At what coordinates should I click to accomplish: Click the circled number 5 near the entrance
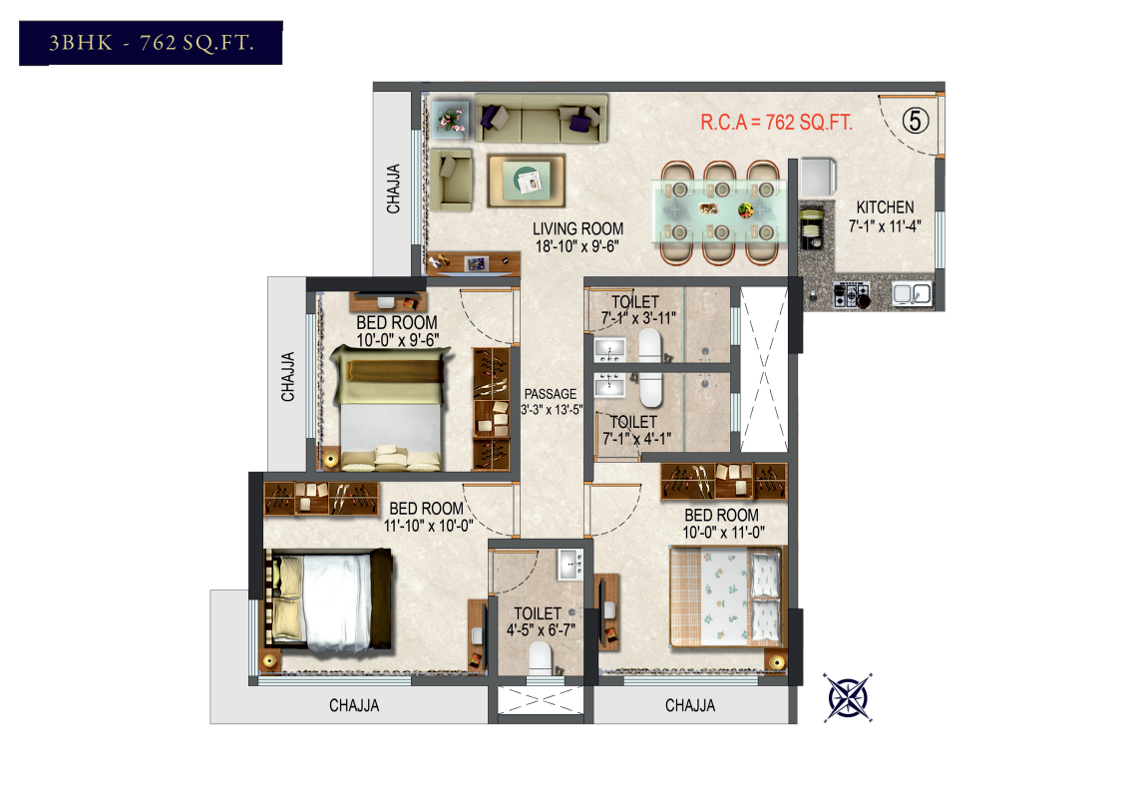tap(916, 120)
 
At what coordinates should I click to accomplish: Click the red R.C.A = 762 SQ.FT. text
tap(776, 122)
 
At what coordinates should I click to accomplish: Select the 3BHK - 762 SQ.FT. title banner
tap(151, 43)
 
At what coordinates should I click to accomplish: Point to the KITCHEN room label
tap(885, 207)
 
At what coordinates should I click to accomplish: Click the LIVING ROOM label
tap(578, 229)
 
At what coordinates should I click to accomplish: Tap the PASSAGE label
tap(551, 394)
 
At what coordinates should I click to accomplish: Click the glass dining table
tap(720, 210)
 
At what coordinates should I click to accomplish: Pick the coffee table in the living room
tap(527, 181)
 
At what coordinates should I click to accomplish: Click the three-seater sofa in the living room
tap(541, 119)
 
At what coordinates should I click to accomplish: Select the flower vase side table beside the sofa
tap(450, 120)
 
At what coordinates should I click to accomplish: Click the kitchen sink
tap(913, 293)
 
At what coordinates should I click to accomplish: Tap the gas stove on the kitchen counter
tap(852, 294)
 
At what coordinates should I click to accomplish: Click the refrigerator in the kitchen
tap(818, 178)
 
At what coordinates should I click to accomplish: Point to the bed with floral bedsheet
tap(727, 596)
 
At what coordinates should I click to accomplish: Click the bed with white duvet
tap(328, 601)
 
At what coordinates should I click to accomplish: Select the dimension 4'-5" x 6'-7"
tap(541, 629)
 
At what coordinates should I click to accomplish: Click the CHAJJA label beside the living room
tap(393, 190)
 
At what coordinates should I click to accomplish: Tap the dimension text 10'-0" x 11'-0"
tap(723, 533)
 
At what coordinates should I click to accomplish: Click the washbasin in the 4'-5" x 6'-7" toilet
tap(570, 565)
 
